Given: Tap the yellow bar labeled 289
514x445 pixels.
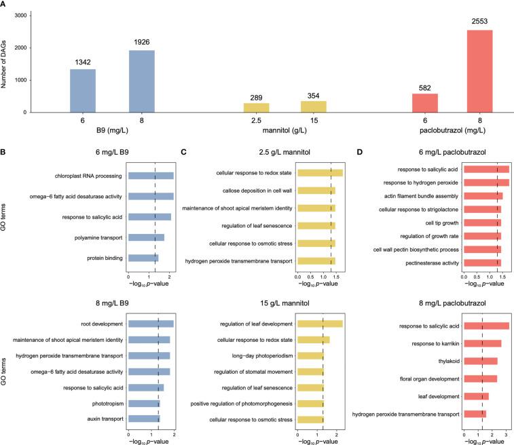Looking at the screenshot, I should pos(257,108).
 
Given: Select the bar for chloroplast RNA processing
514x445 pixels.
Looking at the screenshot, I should pos(151,176).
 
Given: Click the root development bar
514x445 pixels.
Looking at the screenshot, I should pos(151,324).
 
